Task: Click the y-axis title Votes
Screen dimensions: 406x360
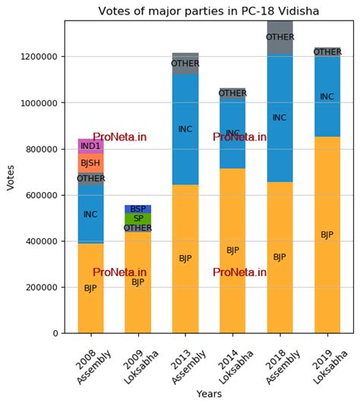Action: click(x=11, y=177)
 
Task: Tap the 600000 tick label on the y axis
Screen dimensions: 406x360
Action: click(x=42, y=195)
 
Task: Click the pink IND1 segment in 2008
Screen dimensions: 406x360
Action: click(x=90, y=146)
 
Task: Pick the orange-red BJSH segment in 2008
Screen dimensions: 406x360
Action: click(x=90, y=163)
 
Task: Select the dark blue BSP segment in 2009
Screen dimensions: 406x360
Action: click(x=137, y=209)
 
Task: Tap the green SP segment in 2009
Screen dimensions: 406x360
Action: click(x=137, y=219)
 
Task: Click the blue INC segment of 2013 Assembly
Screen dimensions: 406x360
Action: click(x=185, y=129)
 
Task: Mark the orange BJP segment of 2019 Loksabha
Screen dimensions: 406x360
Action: click(x=327, y=234)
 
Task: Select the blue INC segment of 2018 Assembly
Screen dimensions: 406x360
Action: click(x=279, y=118)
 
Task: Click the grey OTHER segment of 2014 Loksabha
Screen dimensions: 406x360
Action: click(x=232, y=93)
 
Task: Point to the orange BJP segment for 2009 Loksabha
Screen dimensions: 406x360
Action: click(x=137, y=282)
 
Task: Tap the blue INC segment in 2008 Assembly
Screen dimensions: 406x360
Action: click(x=90, y=214)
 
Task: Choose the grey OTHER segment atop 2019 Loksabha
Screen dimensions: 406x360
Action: click(x=327, y=52)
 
